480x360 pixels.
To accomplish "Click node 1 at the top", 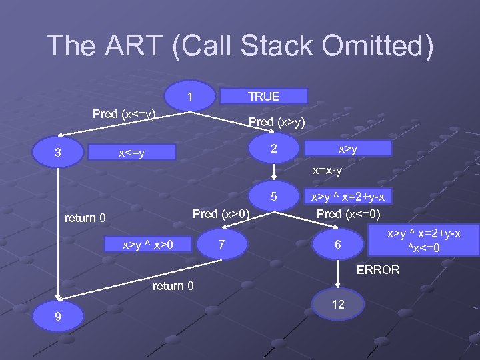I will [191, 97].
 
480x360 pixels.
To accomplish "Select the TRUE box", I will [264, 97].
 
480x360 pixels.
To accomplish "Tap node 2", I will [273, 149].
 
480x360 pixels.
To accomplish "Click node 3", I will [59, 153].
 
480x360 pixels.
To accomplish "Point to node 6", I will [338, 245].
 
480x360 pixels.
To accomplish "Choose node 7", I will [222, 245].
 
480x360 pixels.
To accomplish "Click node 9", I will [59, 317].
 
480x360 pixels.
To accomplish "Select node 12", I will [338, 304].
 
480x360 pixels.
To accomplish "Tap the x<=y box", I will [134, 153].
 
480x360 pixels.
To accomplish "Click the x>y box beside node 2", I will [347, 150].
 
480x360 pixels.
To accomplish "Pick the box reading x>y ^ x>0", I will [148, 245].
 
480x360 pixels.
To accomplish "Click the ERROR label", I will [378, 270].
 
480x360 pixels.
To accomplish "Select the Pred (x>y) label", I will [277, 121].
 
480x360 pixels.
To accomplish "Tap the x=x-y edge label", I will [327, 171].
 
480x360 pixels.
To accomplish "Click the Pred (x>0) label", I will [221, 214].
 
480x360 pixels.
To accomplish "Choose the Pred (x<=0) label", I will [348, 214].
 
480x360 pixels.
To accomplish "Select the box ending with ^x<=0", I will [425, 241].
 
